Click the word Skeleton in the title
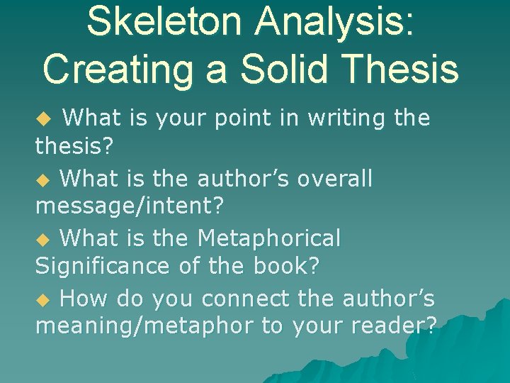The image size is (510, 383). [x=165, y=22]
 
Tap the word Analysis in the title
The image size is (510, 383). [x=336, y=22]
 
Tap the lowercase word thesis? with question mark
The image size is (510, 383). [x=74, y=146]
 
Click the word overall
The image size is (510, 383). [x=334, y=178]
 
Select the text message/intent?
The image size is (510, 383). [x=130, y=206]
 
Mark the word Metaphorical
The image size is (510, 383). [x=269, y=238]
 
